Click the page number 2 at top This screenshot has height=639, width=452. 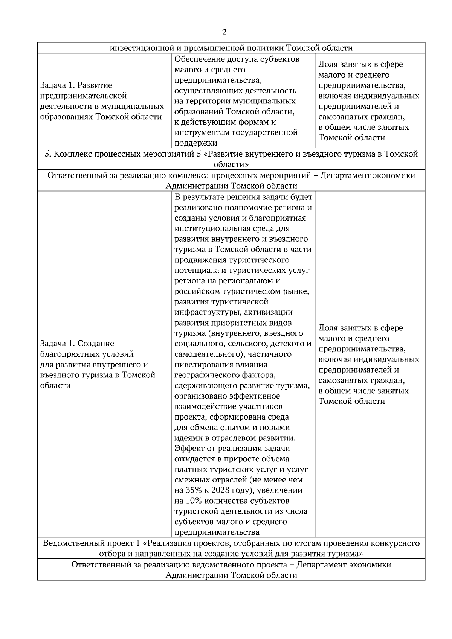click(224, 32)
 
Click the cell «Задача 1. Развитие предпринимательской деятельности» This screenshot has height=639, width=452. click(102, 101)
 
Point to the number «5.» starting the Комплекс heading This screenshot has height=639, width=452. click(48, 154)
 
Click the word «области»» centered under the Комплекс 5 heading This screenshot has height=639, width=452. click(231, 165)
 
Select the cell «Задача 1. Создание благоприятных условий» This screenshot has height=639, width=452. click(98, 364)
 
